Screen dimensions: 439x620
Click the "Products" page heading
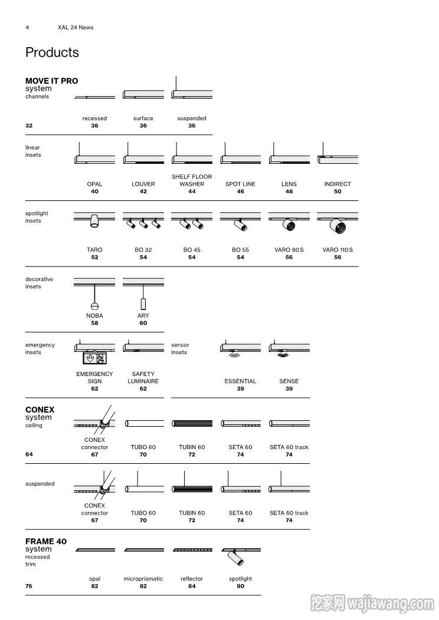[x=52, y=52]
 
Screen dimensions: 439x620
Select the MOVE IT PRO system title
[x=51, y=81]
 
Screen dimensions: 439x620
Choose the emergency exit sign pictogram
[x=94, y=358]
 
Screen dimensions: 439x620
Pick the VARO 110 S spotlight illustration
[x=338, y=223]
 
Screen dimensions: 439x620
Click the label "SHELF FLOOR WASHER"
[x=192, y=180]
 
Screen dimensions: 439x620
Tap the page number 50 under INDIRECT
[x=338, y=192]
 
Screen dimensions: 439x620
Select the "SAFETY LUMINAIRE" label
[x=143, y=378]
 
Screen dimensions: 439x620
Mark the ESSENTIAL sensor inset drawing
[x=240, y=348]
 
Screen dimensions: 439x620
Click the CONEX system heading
[x=40, y=410]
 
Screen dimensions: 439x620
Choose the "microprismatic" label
[x=143, y=579]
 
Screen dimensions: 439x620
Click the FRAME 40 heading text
[x=46, y=541]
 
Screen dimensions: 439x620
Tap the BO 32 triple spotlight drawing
[x=143, y=220]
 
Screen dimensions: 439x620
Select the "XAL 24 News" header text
[x=76, y=27]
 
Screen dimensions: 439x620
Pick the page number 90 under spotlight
[x=240, y=586]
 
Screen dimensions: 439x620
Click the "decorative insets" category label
[x=39, y=283]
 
